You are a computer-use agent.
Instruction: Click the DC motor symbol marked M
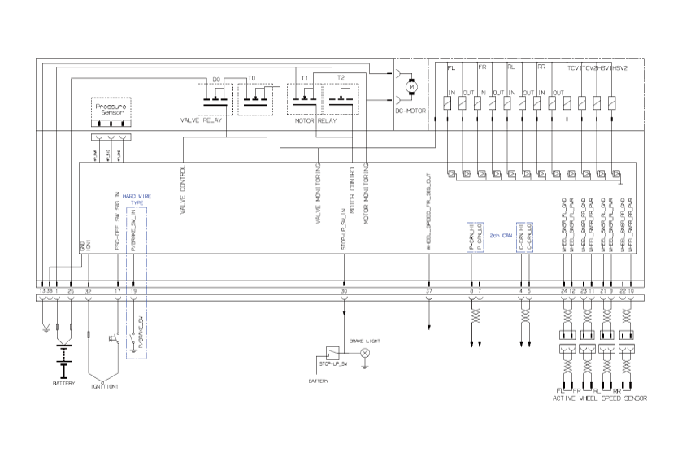point(411,87)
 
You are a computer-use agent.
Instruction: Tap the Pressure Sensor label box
point(111,109)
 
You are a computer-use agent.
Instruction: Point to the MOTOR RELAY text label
point(315,120)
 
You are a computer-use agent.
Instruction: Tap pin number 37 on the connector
point(428,290)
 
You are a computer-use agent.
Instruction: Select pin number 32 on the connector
point(89,290)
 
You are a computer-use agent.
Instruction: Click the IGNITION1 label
point(105,385)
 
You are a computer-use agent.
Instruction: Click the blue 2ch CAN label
point(500,234)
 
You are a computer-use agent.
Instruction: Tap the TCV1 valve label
point(574,68)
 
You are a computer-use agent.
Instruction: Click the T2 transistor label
point(341,78)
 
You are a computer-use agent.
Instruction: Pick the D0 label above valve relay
point(216,79)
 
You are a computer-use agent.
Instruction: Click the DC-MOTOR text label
point(411,112)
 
